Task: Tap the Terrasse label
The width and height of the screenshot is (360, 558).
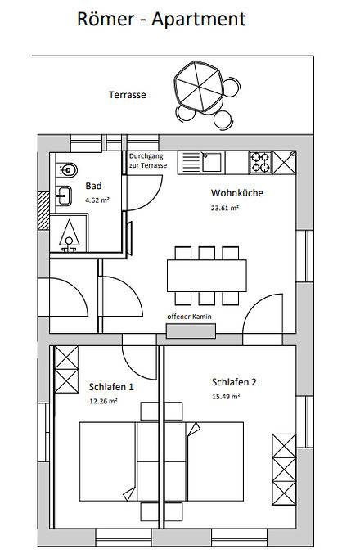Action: pos(128,95)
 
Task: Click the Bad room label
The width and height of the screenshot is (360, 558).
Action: pos(94,186)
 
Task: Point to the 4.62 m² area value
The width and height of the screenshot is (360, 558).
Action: pos(98,199)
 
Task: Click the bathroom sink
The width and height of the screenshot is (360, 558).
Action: pos(63,196)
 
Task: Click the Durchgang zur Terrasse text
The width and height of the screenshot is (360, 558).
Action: pos(148,161)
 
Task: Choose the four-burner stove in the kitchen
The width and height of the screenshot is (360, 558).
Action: pos(260,161)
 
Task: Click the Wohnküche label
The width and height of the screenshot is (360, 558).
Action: pos(232,195)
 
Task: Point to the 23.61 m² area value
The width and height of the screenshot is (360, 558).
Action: pos(224,209)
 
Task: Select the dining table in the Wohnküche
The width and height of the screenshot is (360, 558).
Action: pos(206,269)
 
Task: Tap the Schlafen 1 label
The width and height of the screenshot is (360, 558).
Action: pos(110,386)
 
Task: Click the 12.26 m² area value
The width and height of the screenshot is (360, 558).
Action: pos(104,401)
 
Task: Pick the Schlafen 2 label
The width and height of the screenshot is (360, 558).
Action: pos(234,382)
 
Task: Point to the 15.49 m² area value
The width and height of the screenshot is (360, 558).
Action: pos(225,396)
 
